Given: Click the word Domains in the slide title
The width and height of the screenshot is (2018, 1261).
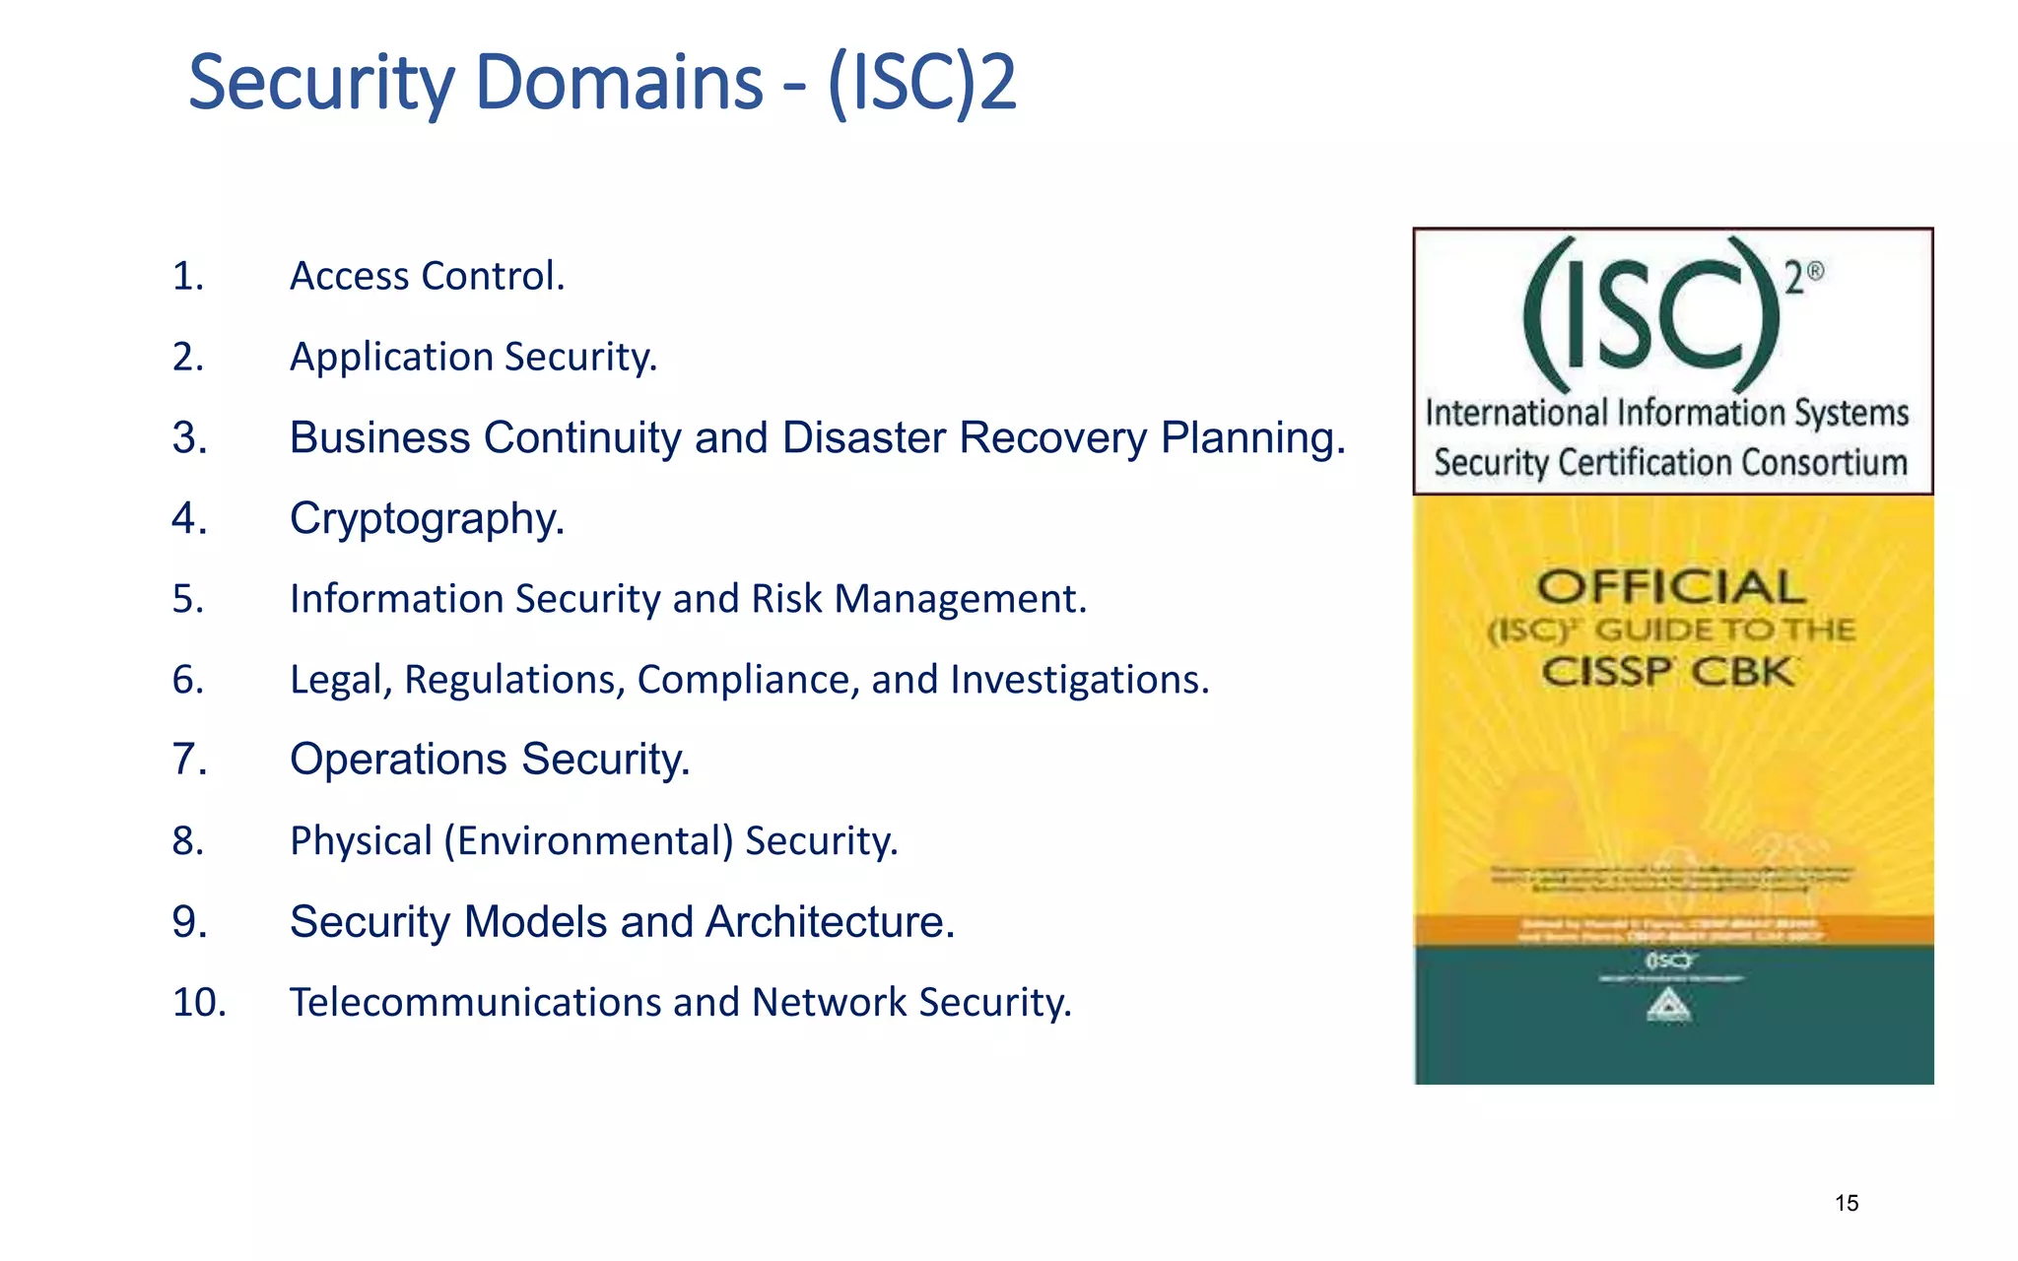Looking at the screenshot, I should click(x=619, y=82).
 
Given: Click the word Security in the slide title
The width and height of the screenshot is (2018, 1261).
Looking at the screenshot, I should click(x=320, y=84).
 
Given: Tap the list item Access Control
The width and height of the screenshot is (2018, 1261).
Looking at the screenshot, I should click(x=427, y=276).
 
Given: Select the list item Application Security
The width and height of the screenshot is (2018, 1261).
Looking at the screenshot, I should click(x=473, y=357).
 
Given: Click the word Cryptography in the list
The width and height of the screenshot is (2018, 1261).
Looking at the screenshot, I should click(x=426, y=518).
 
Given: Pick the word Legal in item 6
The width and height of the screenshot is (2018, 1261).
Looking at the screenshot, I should click(x=340, y=680).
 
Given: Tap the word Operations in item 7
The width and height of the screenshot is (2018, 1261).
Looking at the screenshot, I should click(x=398, y=760).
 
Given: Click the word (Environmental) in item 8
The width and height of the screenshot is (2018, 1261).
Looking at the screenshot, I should click(x=588, y=841).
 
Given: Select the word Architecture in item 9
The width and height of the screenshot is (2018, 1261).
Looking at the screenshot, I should click(x=829, y=922).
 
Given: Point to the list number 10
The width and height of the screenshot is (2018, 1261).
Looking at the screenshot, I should click(x=199, y=1003).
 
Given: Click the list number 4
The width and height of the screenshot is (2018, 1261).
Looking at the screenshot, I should click(x=189, y=518).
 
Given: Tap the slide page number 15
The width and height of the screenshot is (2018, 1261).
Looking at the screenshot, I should click(x=1847, y=1203).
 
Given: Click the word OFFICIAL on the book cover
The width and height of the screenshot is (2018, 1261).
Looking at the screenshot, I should click(x=1671, y=587).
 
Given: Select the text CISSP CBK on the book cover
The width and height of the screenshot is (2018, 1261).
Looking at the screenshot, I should click(x=1667, y=673).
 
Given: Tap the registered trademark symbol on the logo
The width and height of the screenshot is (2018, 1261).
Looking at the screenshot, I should click(x=1815, y=272).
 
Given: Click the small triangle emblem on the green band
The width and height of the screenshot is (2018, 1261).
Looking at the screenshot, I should click(x=1669, y=1006).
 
